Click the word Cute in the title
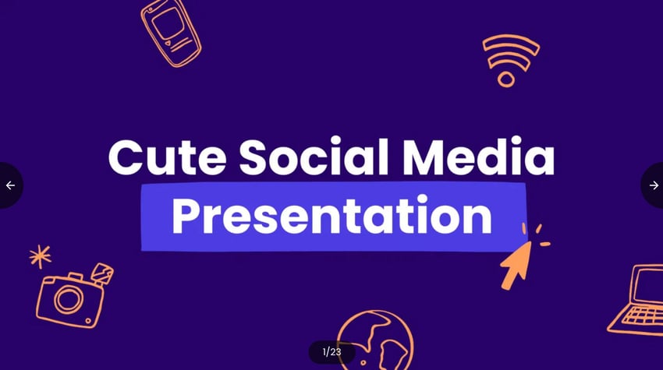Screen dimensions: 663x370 167,157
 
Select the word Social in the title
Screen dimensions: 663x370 314,156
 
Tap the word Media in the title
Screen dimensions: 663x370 478,156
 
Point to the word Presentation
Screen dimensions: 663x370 332,214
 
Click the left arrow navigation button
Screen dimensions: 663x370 11,185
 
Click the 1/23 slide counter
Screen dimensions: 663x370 332,352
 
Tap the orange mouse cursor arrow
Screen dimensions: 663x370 516,265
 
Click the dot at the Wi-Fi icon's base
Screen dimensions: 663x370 505,79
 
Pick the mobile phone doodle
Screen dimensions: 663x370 171,33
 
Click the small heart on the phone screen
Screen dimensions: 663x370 168,43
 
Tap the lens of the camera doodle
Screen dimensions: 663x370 68,299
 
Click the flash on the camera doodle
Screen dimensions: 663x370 102,273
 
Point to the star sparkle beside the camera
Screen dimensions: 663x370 40,256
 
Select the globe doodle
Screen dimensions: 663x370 375,340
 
